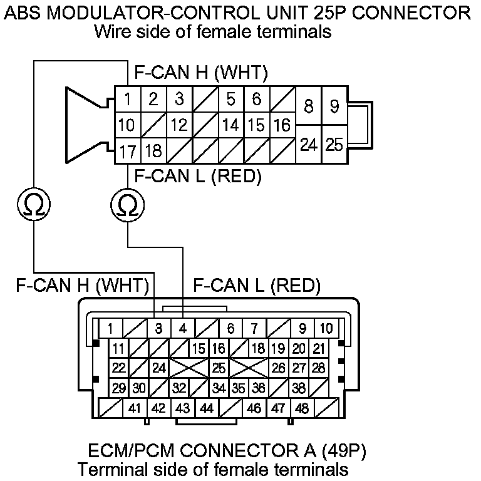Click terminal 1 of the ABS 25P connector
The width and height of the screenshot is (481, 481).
(x=127, y=99)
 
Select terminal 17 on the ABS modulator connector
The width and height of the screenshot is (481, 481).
(x=127, y=151)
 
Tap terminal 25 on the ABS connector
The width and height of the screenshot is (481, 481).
(x=335, y=145)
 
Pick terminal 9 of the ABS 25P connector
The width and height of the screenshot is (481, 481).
(x=335, y=106)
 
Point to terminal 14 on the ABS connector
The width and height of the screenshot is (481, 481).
(x=230, y=125)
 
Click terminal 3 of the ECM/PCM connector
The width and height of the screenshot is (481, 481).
(x=158, y=328)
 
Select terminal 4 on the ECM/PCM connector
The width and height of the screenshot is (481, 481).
(x=182, y=328)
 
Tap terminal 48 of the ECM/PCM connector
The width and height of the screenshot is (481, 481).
(x=301, y=408)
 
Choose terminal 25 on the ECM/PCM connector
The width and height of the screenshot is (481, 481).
(x=219, y=368)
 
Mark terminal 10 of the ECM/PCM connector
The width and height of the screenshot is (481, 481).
(x=326, y=328)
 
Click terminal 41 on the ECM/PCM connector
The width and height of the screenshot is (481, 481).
(x=134, y=408)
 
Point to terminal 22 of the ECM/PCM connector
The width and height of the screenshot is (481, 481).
(x=118, y=368)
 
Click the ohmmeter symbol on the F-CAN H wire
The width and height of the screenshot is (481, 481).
(x=33, y=204)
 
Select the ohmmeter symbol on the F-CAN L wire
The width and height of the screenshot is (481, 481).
(x=127, y=204)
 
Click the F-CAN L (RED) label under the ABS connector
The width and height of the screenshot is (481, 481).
(x=197, y=176)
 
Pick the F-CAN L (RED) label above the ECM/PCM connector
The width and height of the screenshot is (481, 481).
(x=257, y=287)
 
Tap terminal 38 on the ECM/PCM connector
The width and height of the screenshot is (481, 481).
(x=299, y=388)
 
